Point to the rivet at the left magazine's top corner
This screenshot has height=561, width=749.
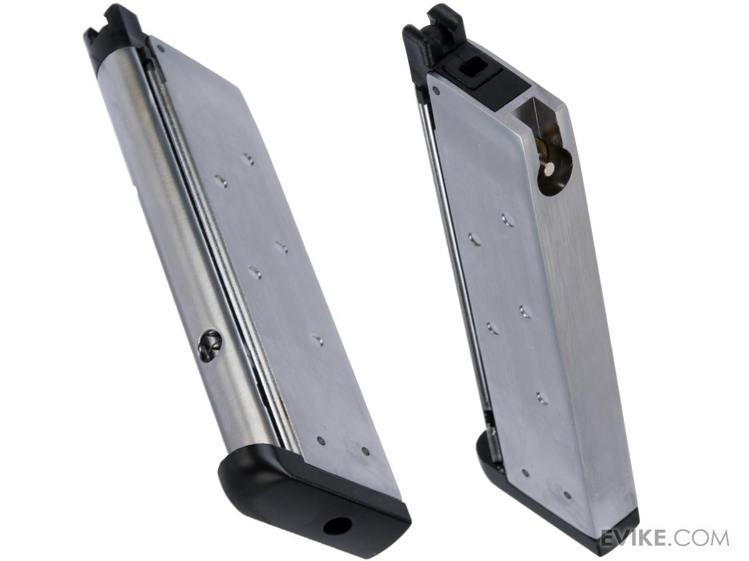tap(162, 50)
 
